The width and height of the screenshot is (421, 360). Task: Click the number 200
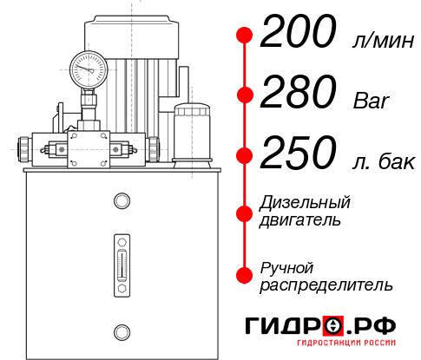click(x=298, y=35)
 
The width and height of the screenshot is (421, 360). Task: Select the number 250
click(x=298, y=154)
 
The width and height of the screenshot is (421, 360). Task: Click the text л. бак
click(x=382, y=161)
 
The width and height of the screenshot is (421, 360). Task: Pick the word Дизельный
click(x=306, y=203)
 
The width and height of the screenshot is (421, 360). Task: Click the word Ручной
click(x=287, y=266)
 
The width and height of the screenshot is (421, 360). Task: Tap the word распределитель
click(x=326, y=285)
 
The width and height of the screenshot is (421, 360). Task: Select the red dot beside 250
click(x=245, y=156)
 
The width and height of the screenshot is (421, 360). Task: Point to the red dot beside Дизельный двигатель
click(x=245, y=212)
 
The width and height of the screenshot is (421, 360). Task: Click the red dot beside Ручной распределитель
click(x=245, y=275)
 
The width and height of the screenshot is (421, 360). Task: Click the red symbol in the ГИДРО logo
click(x=332, y=326)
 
